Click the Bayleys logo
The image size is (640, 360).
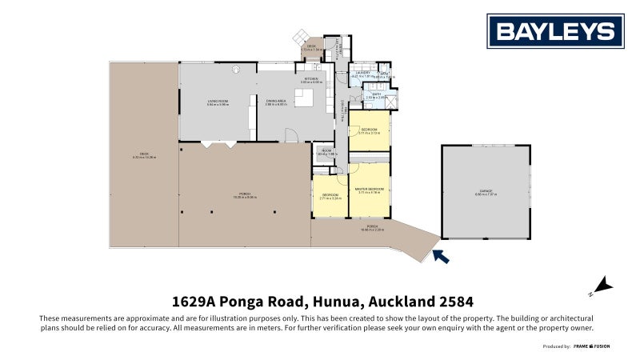555,31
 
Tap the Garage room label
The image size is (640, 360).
486,192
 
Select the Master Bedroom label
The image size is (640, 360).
369,190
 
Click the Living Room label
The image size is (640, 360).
218,102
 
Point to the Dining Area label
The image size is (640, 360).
276,102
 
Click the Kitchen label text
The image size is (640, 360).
310,80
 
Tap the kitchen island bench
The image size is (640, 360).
305,98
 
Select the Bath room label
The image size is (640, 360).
376,95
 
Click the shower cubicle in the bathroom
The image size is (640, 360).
390,101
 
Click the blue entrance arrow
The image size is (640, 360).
440,256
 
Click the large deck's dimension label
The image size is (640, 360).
144,157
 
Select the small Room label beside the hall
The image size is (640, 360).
326,152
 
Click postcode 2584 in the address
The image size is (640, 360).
455,302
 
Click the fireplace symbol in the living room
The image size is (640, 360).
235,70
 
